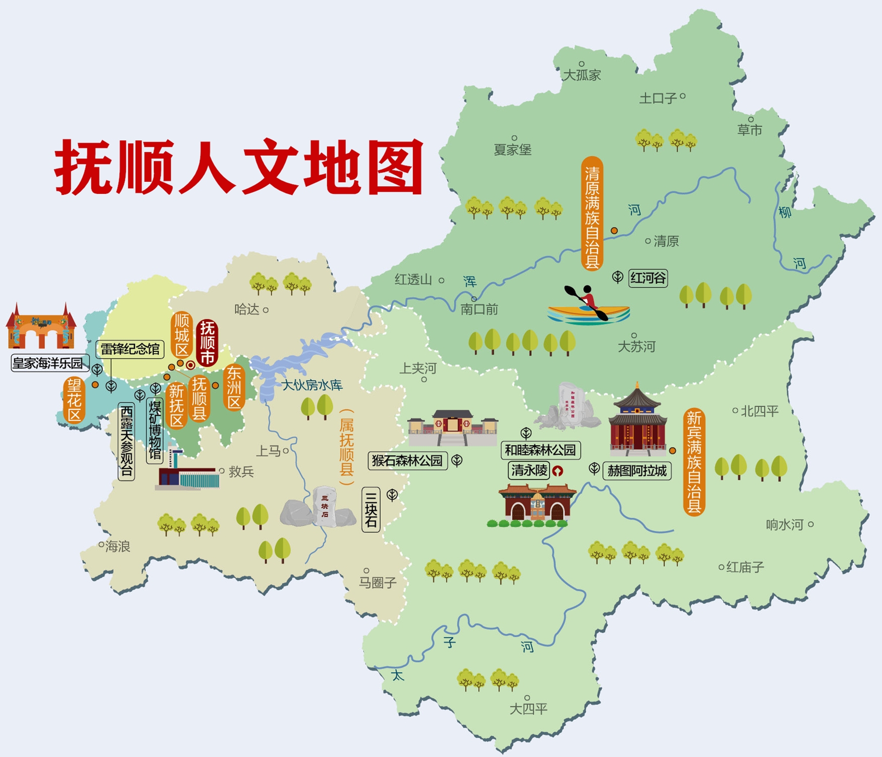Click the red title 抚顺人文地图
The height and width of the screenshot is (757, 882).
pyautogui.click(x=238, y=167)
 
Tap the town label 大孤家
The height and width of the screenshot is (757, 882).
pyautogui.click(x=582, y=75)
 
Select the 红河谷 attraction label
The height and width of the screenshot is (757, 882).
pyautogui.click(x=648, y=278)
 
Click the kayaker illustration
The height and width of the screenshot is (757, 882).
pyautogui.click(x=588, y=306)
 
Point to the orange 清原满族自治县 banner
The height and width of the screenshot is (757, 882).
pyautogui.click(x=592, y=213)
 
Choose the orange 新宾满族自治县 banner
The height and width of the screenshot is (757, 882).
pyautogui.click(x=694, y=461)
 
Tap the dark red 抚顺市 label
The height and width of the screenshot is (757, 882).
pyautogui.click(x=207, y=343)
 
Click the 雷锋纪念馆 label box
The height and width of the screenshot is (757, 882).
pyautogui.click(x=130, y=349)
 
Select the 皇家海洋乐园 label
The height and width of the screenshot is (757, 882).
pyautogui.click(x=48, y=363)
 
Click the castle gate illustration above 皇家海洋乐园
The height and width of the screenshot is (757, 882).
pyautogui.click(x=41, y=328)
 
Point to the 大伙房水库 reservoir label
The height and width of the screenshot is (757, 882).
pyautogui.click(x=312, y=385)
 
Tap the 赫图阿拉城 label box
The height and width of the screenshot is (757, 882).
pyautogui.click(x=637, y=471)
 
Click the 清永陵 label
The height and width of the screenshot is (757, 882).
pyautogui.click(x=529, y=470)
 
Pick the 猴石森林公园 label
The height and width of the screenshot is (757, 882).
pyautogui.click(x=407, y=460)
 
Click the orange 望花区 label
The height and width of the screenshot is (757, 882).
pyautogui.click(x=74, y=401)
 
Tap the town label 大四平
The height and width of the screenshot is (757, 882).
pyautogui.click(x=528, y=709)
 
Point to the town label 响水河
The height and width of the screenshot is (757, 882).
pyautogui.click(x=785, y=525)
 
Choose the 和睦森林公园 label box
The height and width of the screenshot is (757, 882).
pyautogui.click(x=540, y=450)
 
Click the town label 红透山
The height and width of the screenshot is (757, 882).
pyautogui.click(x=413, y=280)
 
